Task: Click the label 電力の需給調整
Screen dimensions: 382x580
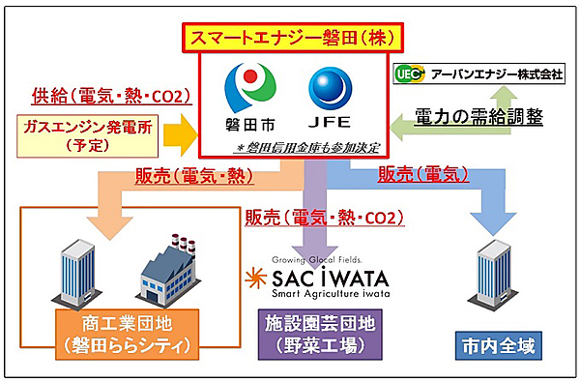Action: tap(479, 118)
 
